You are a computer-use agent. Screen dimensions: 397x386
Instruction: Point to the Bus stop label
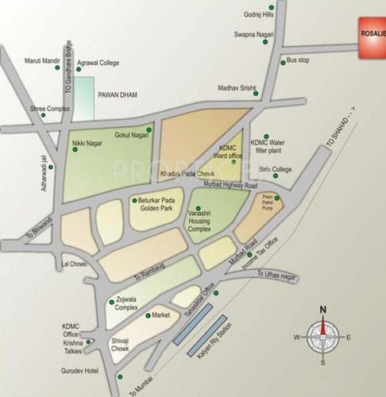coord(298,60)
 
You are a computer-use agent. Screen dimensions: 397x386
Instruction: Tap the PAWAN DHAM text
coord(118,94)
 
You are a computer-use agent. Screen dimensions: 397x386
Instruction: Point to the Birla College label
coord(276,169)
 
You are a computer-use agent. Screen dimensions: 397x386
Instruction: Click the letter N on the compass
coord(322,310)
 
